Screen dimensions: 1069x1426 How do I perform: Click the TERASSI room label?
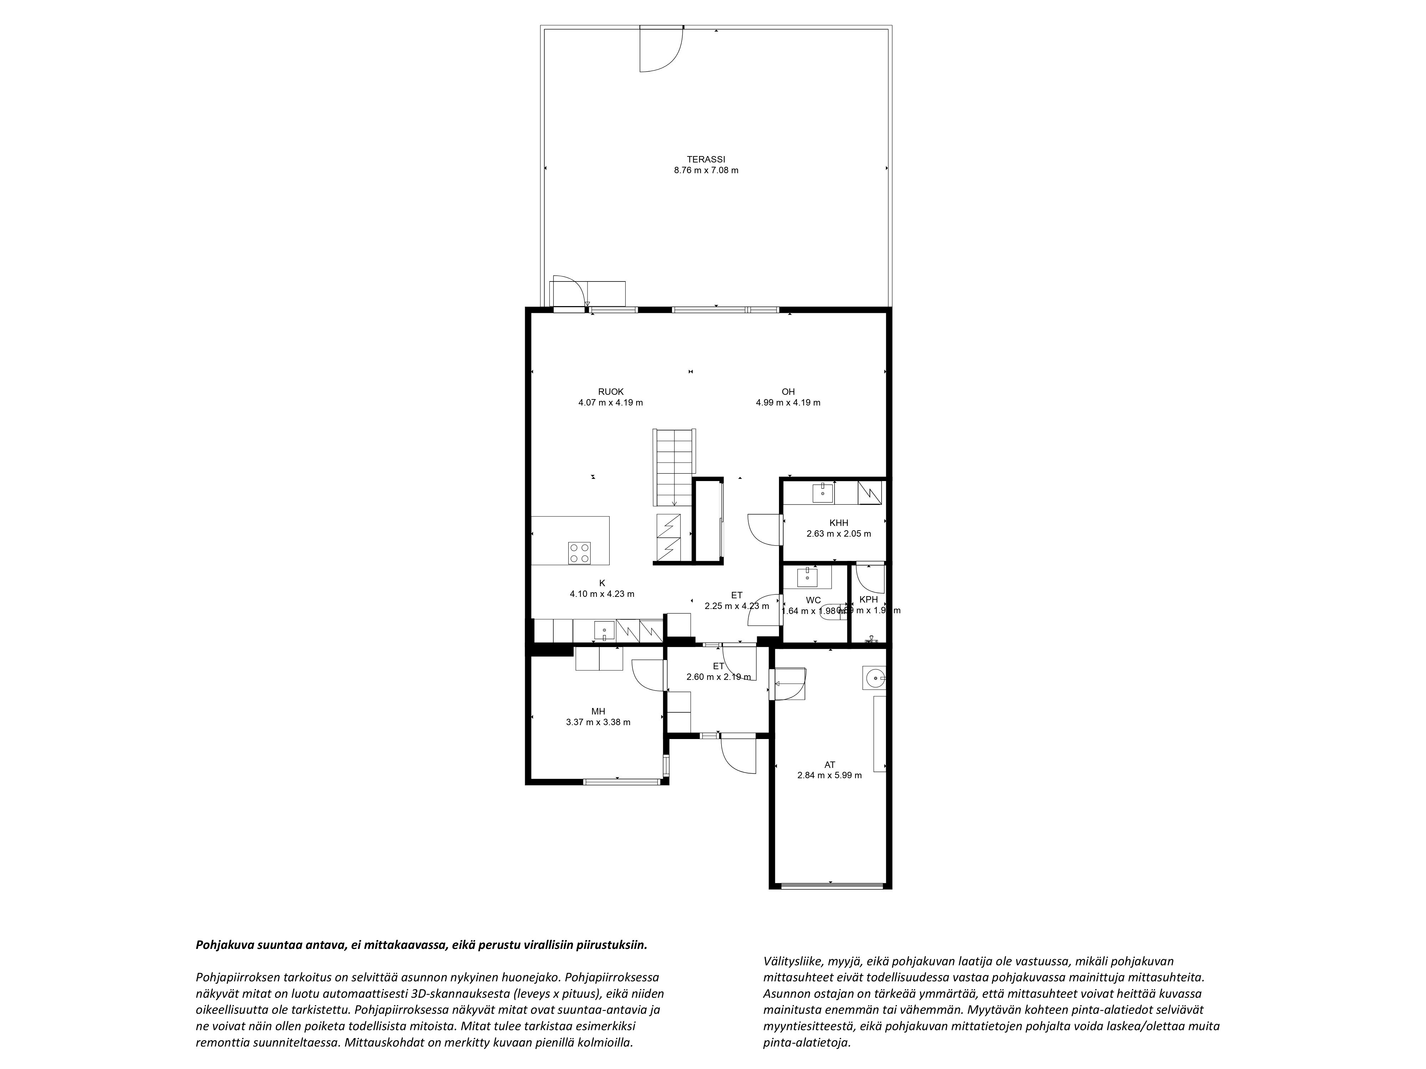point(706,159)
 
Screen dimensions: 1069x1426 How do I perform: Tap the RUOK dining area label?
point(610,392)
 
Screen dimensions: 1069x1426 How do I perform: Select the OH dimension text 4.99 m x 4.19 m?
point(788,403)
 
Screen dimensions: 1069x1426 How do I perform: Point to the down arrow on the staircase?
point(674,502)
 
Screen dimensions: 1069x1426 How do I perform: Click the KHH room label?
point(839,523)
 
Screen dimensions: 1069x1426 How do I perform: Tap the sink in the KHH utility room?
point(822,493)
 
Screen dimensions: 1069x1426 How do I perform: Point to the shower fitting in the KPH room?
point(872,639)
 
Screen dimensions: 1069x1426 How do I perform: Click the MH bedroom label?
point(598,711)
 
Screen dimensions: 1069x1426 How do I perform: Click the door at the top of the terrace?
point(661,49)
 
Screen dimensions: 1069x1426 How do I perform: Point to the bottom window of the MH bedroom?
point(622,781)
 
